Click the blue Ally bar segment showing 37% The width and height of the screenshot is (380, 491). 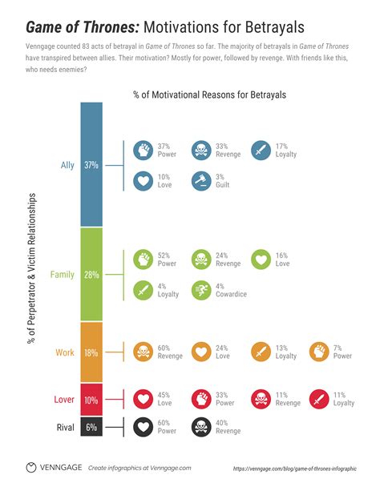coord(91,164)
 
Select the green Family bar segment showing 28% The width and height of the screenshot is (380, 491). coord(91,274)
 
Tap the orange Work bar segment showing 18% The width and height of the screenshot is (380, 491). coord(91,352)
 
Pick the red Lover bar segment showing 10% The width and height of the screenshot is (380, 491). coord(91,399)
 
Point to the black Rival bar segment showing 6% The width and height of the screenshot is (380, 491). coord(91,427)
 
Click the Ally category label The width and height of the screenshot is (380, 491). coord(67,165)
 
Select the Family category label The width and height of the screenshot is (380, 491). coord(63,274)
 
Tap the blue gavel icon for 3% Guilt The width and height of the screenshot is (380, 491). coord(201,181)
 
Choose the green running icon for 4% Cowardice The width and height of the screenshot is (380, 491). coord(201,290)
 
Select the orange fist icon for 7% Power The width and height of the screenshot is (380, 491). coord(320,352)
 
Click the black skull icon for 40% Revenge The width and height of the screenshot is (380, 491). coord(201,428)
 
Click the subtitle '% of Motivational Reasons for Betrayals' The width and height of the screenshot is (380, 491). coord(210,95)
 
